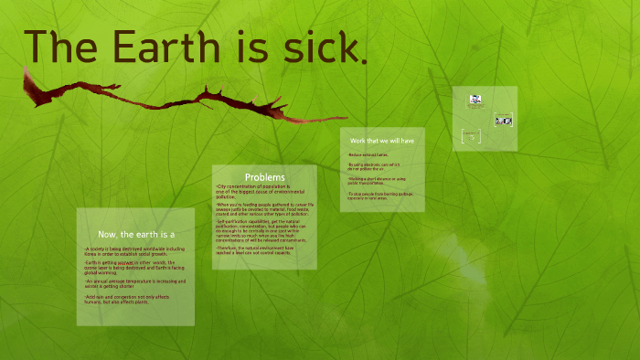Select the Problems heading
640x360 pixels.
264,176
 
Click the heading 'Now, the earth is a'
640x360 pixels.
135,235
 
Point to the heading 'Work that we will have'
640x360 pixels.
382,141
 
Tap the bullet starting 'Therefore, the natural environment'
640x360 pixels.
263,249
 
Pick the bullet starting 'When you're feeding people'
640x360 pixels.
263,208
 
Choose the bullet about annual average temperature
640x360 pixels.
134,283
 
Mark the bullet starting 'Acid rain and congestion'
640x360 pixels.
134,300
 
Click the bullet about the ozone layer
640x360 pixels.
134,267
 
